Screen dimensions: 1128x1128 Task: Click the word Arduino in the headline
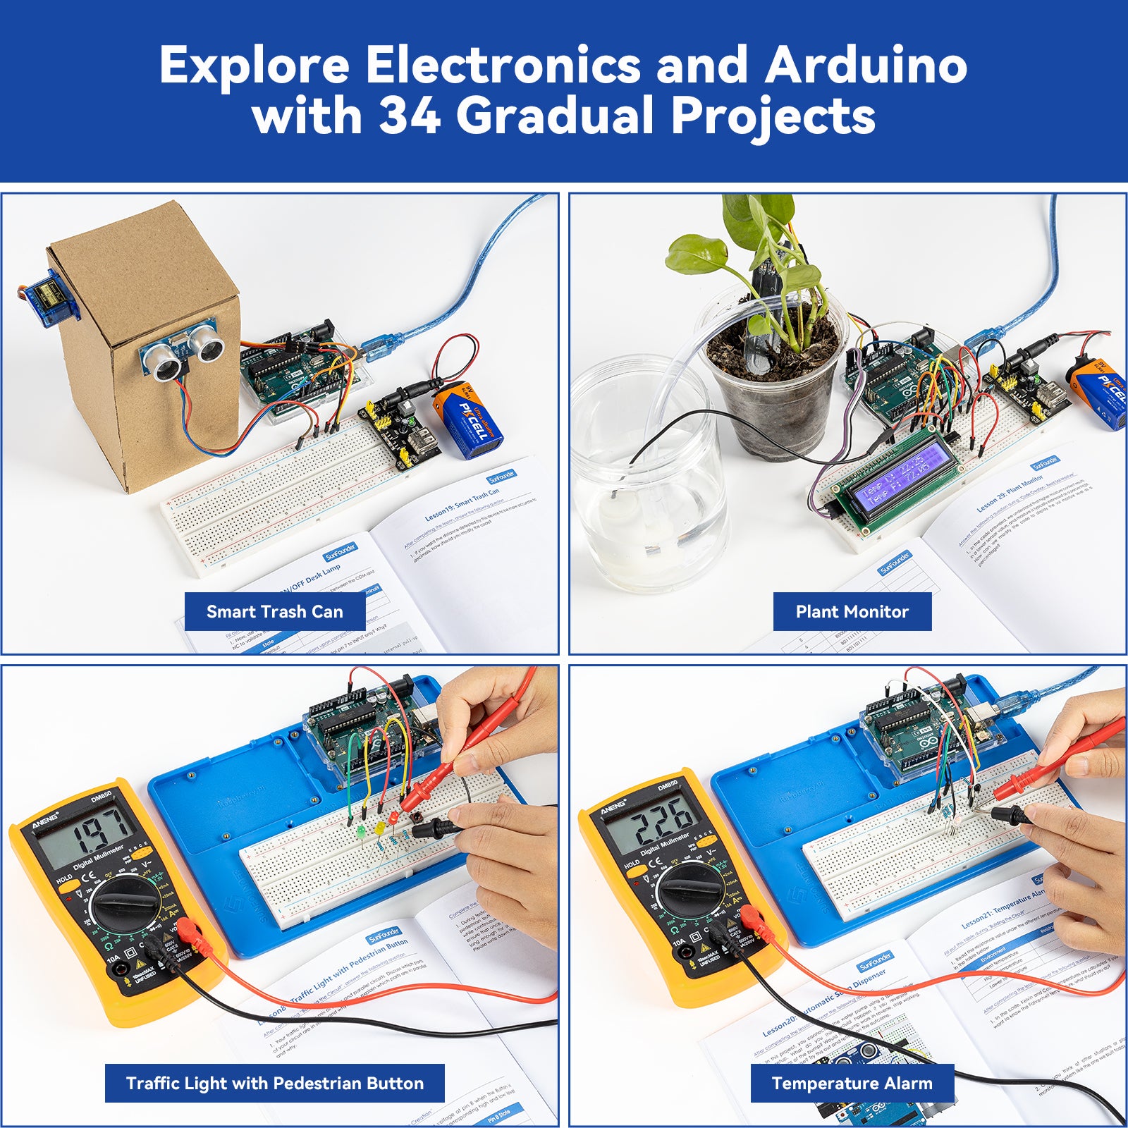866,65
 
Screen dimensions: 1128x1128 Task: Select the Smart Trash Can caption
275,611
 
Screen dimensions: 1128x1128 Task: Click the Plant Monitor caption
852,611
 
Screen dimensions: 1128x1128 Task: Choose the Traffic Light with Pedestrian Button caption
275,1083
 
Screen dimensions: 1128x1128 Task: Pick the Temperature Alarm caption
852,1083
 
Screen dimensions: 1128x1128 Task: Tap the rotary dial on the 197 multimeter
127,902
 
